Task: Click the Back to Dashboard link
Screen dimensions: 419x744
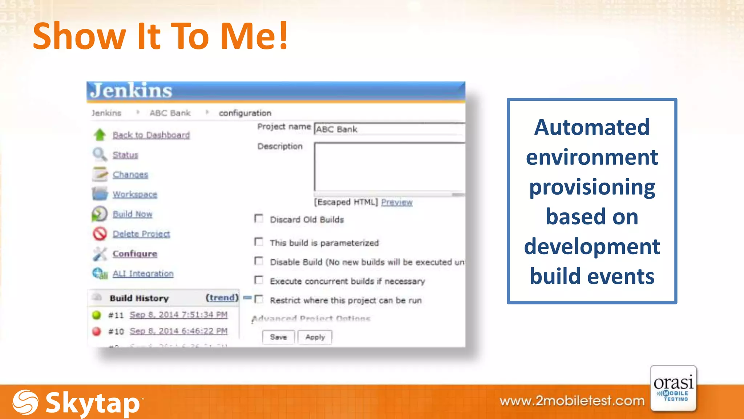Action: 151,135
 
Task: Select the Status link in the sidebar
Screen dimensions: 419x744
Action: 125,155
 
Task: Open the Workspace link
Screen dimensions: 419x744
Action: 135,194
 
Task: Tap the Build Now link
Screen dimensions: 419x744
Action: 132,214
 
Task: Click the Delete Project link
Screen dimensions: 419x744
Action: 141,234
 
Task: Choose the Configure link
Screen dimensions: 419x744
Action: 135,254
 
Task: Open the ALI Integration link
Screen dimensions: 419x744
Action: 143,274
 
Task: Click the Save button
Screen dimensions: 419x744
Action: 278,337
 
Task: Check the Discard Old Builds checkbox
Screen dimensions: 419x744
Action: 259,219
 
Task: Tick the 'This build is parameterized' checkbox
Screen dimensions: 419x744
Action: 259,242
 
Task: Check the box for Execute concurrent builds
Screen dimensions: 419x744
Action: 259,280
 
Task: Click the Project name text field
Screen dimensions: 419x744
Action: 389,129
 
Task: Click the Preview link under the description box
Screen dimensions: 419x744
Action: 397,202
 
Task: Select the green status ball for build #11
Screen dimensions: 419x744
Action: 97,315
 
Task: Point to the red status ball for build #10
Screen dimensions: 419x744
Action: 97,331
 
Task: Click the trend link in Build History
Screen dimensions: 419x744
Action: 222,298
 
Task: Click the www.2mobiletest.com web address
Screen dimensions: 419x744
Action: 572,401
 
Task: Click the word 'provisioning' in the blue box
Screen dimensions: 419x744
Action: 592,187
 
